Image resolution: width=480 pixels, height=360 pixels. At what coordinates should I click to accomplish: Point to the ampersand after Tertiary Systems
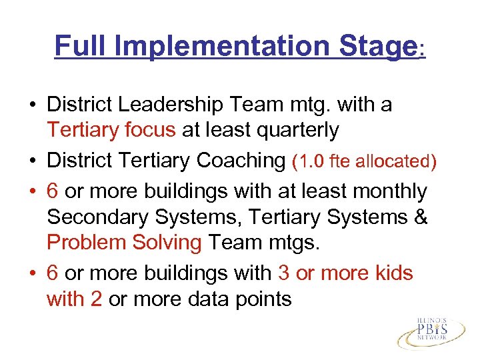(420, 217)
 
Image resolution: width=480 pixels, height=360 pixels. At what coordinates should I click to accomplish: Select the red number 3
(284, 273)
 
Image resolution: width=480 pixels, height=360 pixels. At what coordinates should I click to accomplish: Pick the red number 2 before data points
(96, 299)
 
